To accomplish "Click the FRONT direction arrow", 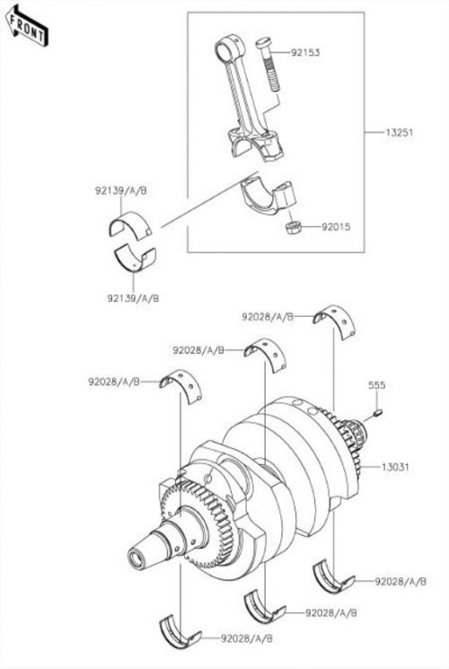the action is tap(27, 25).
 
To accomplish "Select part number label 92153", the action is tap(305, 52).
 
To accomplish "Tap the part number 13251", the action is tap(399, 132).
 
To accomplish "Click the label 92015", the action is tap(336, 226).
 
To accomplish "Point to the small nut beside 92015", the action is tap(294, 228).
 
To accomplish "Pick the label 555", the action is tap(377, 385).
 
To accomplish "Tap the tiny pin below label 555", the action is tap(378, 412).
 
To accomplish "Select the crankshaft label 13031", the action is tap(395, 467).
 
